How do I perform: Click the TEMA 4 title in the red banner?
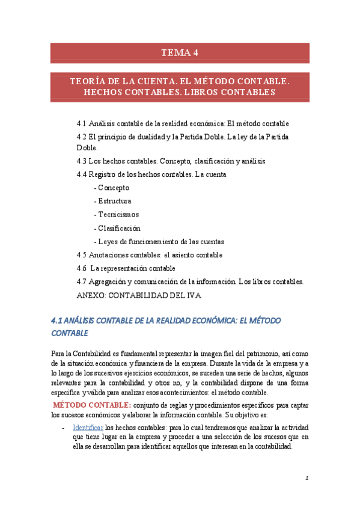180,53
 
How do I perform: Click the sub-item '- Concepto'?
112,188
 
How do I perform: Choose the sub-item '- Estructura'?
113,201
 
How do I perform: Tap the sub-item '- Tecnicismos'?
117,214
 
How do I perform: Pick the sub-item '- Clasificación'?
117,228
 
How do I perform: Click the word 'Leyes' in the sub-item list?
109,241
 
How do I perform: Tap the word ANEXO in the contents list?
91,295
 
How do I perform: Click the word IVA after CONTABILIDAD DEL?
193,295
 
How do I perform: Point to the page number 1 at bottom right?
307,479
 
